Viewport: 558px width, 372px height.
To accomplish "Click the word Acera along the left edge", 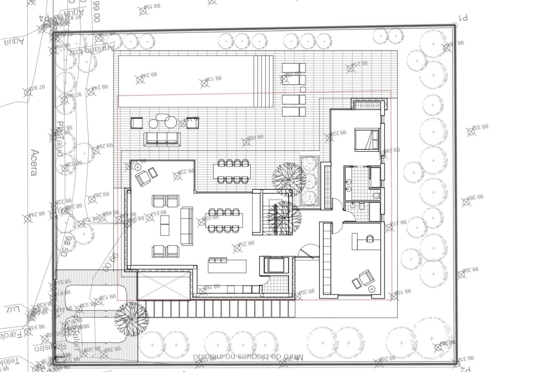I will coord(34,162).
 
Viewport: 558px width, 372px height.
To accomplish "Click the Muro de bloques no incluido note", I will coord(248,357).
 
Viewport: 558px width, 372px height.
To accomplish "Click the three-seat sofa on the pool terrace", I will coord(162,139).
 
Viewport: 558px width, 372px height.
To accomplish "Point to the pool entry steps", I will coord(264,81).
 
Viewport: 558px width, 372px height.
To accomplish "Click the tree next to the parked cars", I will coord(131,319).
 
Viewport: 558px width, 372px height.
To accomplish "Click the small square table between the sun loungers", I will coord(303,89).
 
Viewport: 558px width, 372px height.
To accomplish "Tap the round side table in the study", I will coord(371,289).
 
